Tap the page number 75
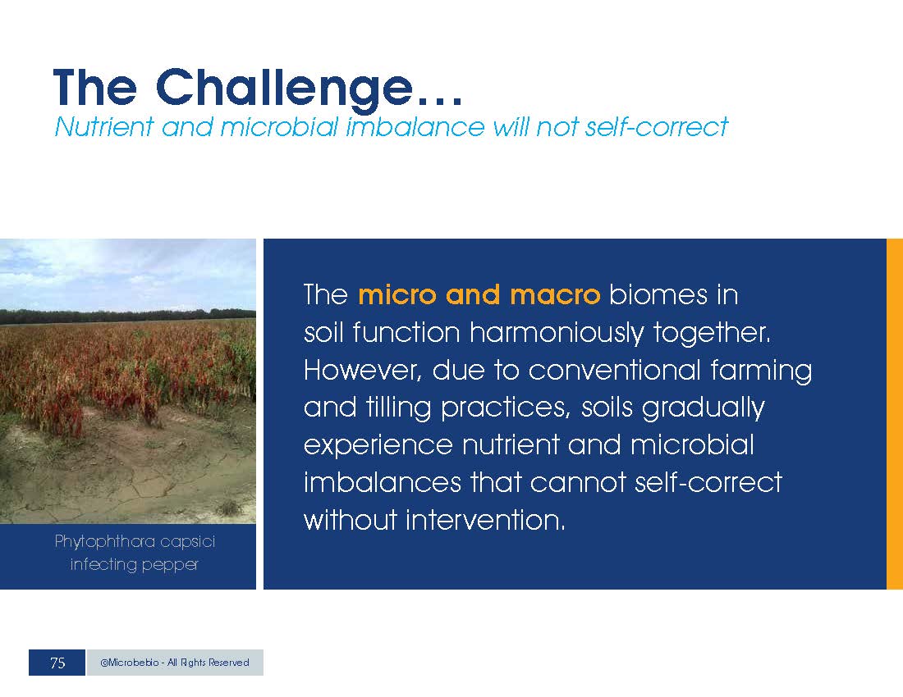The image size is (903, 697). pos(57,663)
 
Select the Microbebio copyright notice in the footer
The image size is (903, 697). pos(175,663)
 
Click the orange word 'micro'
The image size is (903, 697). pos(397,295)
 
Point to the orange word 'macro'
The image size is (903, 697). pos(555,295)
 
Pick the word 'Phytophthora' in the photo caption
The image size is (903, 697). pos(103,542)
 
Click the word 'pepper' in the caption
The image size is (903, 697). pos(170,565)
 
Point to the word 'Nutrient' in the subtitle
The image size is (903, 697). pos(104,126)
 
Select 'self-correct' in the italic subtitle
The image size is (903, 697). pos(657,126)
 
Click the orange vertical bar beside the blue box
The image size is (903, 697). pos(894,414)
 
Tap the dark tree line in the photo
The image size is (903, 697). pos(128,316)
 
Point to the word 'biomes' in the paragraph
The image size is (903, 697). pos(658,295)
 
